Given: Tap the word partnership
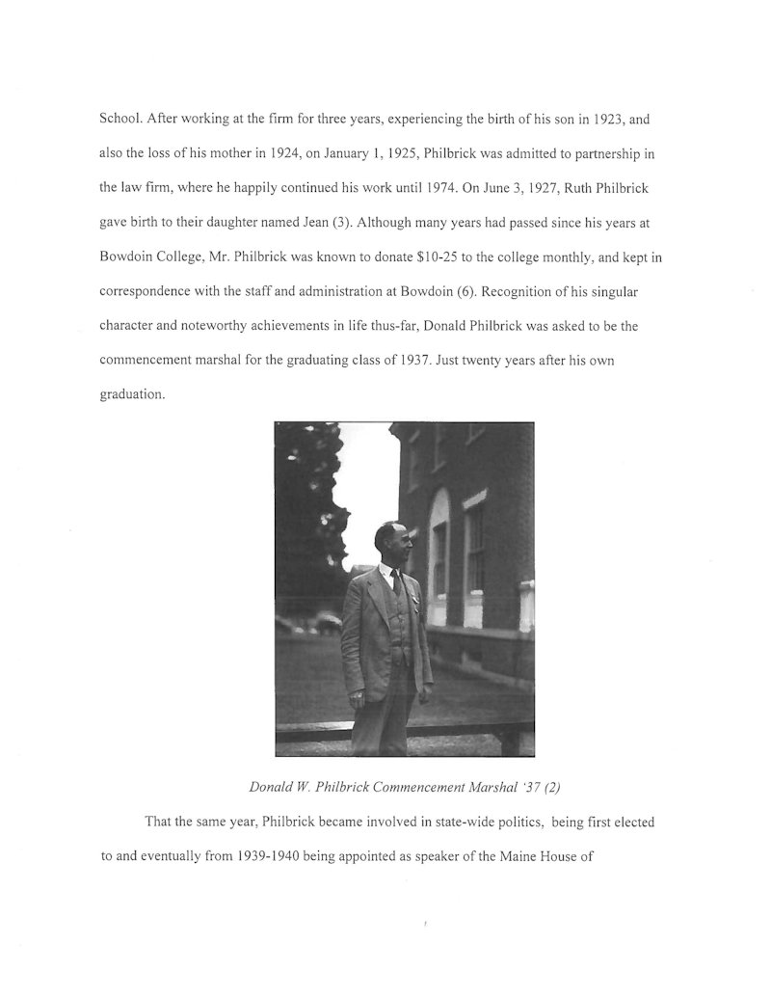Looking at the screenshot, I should pos(606,153).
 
